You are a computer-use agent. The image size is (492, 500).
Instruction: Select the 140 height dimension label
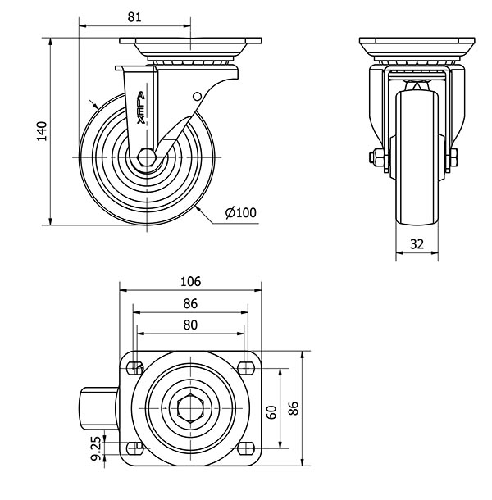[42, 131]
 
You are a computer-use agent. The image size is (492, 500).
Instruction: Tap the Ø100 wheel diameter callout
[241, 213]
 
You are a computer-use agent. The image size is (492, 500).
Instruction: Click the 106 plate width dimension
[190, 280]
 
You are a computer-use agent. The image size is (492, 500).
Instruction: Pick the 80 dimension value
[190, 325]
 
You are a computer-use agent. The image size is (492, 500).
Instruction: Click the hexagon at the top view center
[190, 407]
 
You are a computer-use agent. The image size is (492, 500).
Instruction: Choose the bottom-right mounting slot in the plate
[245, 448]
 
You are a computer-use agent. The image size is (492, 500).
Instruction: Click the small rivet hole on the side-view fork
[197, 97]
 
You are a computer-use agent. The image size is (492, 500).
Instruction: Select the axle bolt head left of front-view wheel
[376, 158]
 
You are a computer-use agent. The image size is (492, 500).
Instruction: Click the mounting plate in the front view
[417, 42]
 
